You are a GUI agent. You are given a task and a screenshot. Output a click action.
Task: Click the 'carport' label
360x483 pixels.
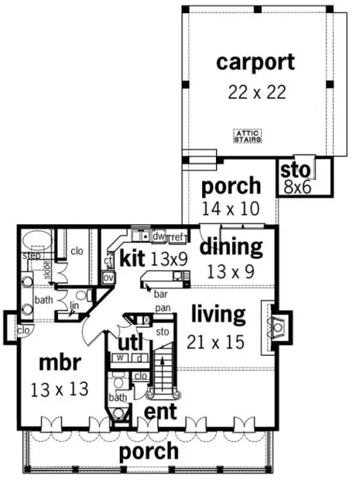(x=255, y=62)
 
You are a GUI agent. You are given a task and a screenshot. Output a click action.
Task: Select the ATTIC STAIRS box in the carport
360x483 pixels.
(x=247, y=136)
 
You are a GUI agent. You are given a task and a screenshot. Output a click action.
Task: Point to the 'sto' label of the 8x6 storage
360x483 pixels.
(x=297, y=170)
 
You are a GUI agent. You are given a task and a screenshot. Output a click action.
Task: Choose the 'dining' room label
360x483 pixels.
(x=231, y=247)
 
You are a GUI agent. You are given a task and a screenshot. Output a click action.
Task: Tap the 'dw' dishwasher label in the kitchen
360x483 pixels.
(x=158, y=236)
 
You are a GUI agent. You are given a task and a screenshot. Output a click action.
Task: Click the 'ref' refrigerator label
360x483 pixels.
(x=177, y=236)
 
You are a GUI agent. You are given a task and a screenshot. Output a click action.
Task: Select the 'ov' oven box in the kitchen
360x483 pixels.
(x=108, y=277)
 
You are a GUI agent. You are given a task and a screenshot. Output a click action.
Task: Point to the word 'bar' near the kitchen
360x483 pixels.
(x=160, y=294)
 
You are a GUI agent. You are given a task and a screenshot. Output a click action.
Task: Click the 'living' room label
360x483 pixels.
(x=217, y=315)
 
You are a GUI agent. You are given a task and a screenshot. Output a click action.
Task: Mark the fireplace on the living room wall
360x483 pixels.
(x=278, y=329)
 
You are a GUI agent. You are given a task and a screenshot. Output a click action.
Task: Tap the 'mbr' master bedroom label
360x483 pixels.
(x=60, y=362)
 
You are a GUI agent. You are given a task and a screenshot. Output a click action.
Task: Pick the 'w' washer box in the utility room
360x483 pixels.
(x=116, y=357)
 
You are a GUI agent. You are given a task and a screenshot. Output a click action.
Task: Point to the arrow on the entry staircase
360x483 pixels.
(x=164, y=364)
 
